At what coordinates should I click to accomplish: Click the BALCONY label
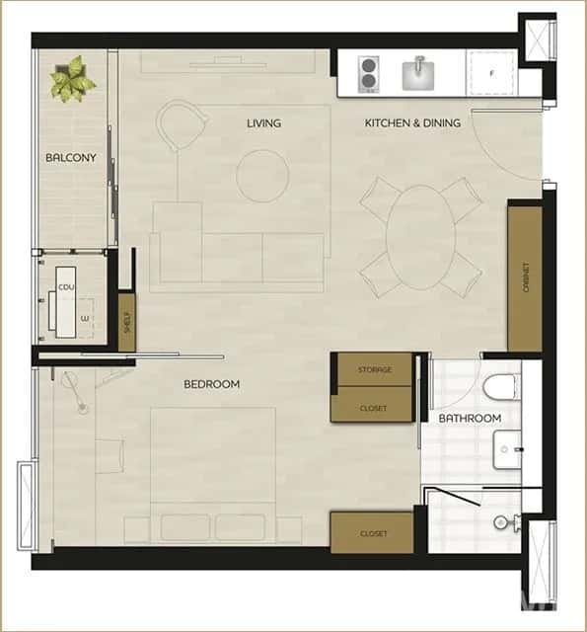(x=70, y=157)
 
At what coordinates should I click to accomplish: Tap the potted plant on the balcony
(x=72, y=79)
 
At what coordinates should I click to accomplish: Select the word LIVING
(x=263, y=123)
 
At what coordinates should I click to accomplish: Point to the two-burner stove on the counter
(x=369, y=74)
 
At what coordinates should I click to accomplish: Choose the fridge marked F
(x=491, y=74)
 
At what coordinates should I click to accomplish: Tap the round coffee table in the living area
(x=262, y=176)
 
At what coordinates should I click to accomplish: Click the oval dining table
(x=421, y=237)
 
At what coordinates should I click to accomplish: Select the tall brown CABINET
(x=525, y=277)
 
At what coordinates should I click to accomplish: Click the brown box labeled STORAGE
(x=374, y=369)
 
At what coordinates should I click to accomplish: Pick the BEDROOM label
(x=212, y=384)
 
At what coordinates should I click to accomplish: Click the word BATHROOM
(x=470, y=419)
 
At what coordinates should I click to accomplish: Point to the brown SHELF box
(x=126, y=321)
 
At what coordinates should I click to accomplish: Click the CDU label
(x=67, y=287)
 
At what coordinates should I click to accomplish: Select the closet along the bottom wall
(x=373, y=533)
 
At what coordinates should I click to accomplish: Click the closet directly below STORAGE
(x=373, y=407)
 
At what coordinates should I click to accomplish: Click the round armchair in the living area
(x=183, y=126)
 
